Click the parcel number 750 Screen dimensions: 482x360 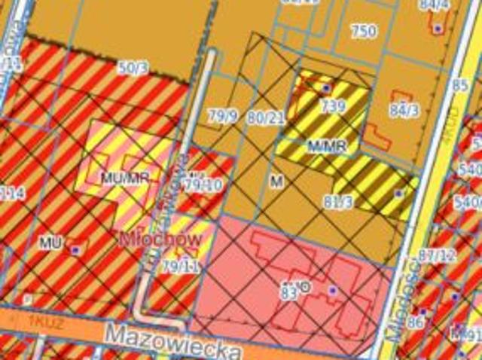pos(363,32)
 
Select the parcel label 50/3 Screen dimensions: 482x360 pos(133,68)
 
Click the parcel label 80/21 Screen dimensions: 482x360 pos(265,117)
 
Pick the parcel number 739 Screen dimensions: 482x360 pos(332,107)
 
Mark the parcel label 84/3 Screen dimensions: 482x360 pos(404,111)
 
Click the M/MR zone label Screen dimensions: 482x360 pos(327,145)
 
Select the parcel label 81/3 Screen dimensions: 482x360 pos(338,202)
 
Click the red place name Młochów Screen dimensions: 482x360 pos(159,239)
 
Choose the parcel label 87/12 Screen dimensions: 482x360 pos(437,256)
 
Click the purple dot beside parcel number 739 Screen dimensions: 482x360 pos(325,88)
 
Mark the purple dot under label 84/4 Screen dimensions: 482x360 pos(438,28)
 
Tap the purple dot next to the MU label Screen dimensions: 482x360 pos(76,247)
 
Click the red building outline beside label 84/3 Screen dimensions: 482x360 pos(377,137)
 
